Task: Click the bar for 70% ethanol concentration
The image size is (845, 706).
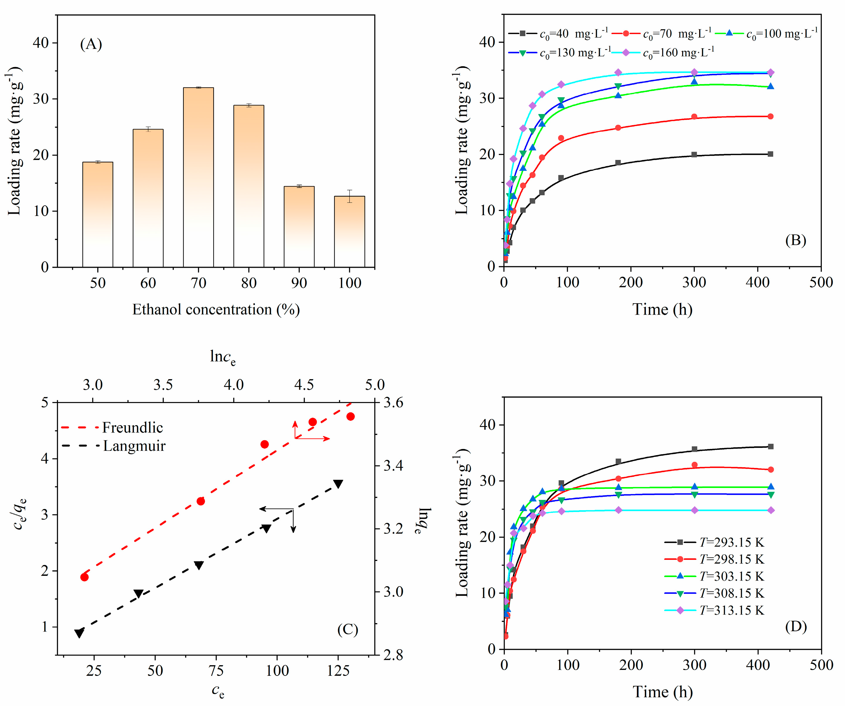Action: (198, 177)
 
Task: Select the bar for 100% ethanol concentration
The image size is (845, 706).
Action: (349, 232)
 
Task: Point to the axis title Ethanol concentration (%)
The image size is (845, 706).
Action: (216, 309)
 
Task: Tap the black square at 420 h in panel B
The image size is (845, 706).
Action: (770, 154)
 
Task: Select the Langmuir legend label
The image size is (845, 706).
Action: (134, 446)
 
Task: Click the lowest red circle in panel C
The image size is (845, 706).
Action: (84, 577)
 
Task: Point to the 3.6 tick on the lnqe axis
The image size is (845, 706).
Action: (393, 402)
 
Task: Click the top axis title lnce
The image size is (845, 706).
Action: (223, 357)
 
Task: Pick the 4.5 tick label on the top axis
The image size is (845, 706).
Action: (304, 385)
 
